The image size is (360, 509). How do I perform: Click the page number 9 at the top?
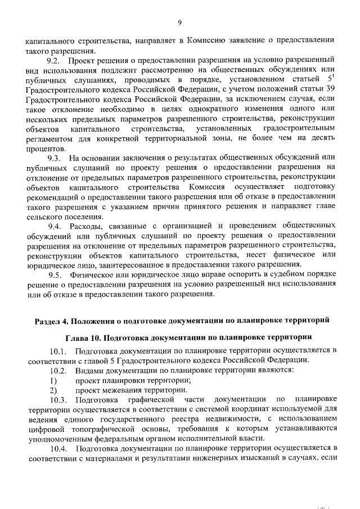pyautogui.click(x=179, y=22)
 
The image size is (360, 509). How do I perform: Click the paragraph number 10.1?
pyautogui.click(x=58, y=351)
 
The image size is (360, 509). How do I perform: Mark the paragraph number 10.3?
pyautogui.click(x=58, y=399)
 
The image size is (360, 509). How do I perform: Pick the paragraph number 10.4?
pyautogui.click(x=58, y=448)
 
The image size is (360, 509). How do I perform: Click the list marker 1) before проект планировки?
pyautogui.click(x=53, y=380)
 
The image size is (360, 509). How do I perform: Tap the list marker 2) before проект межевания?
pyautogui.click(x=53, y=389)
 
